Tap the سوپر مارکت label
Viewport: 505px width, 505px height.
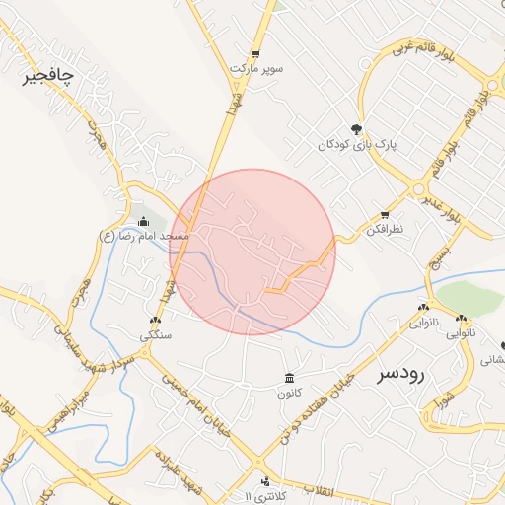click(256, 69)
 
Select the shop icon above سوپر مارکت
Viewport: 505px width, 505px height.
click(255, 54)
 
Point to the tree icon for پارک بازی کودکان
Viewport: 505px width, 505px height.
click(356, 128)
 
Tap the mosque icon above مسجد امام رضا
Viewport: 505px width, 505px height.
click(144, 221)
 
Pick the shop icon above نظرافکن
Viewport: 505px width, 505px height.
click(384, 214)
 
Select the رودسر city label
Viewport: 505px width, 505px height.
click(400, 375)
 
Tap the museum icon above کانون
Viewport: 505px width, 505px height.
click(288, 378)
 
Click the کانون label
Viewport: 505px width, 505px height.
click(288, 393)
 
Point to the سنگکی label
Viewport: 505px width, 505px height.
click(155, 335)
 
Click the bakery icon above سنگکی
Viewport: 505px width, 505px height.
click(155, 321)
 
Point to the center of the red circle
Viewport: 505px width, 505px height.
click(252, 252)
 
